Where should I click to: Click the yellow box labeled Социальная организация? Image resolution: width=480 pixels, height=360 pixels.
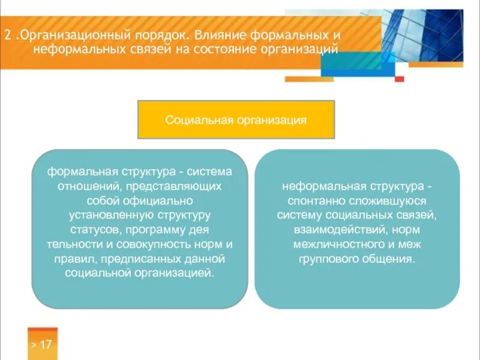click(x=236, y=120)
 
